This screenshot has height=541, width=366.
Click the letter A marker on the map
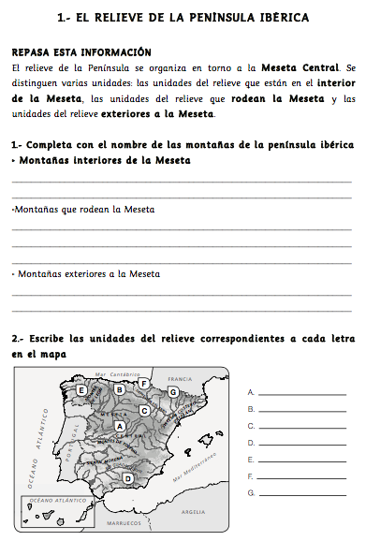click(119, 427)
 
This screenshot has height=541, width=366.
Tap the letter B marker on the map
click(119, 389)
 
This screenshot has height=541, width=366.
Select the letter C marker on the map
click(145, 410)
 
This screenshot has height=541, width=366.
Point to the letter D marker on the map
click(127, 478)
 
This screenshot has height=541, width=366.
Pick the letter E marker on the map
click(82, 389)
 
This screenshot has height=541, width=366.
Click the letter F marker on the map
click(143, 383)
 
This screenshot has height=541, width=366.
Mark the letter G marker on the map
click(172, 391)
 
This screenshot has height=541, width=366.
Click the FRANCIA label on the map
click(179, 379)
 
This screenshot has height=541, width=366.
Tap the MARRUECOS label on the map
click(123, 522)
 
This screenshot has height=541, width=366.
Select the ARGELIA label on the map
click(194, 512)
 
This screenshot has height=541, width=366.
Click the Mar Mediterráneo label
click(195, 465)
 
